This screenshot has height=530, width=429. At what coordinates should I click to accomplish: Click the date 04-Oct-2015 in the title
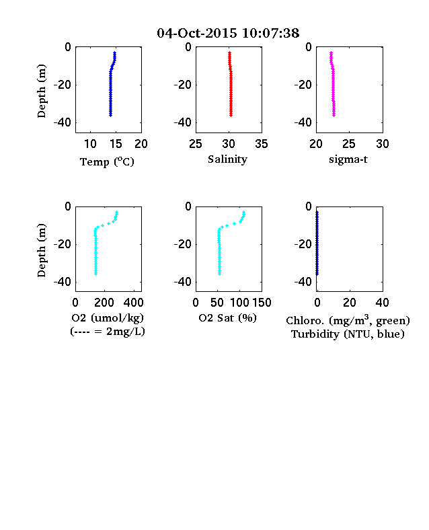point(197,33)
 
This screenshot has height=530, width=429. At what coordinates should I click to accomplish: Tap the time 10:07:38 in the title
point(270,33)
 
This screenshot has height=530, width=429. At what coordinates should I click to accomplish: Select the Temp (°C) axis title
point(107,162)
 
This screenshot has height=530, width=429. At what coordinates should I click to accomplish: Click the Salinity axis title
point(227,159)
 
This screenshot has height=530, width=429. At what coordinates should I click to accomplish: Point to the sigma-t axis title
point(348,159)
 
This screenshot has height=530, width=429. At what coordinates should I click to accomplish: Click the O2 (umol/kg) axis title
point(108,318)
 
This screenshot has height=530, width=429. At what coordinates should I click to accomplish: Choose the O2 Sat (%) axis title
point(227,318)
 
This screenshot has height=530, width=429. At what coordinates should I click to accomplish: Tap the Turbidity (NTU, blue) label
point(348,334)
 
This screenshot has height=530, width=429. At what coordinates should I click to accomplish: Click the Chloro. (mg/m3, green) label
point(348,320)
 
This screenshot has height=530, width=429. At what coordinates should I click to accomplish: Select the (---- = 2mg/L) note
point(108,332)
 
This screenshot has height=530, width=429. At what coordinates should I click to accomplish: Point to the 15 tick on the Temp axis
point(116,144)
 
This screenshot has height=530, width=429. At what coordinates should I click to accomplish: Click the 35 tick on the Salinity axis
point(262,144)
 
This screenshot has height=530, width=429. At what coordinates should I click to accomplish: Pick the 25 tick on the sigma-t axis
point(348,144)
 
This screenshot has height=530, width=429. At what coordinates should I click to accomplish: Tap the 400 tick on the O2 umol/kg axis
point(133,303)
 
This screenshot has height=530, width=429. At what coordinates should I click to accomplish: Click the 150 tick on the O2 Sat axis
point(262,303)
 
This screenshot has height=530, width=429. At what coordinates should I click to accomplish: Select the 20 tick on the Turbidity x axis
point(349,303)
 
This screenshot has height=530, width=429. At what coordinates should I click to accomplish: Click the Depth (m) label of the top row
point(41,91)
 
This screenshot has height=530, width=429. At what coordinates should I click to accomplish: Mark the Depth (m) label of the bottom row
point(41,250)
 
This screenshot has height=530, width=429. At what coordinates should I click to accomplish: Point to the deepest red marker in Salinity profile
point(231,115)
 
